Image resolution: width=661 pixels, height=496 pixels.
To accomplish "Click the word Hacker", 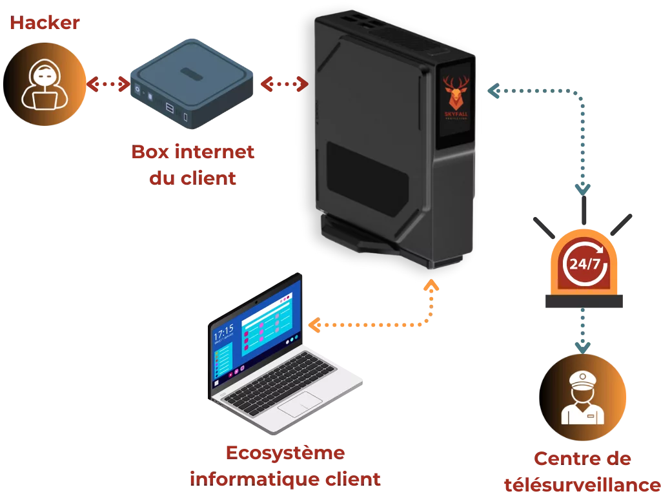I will [x=45, y=24].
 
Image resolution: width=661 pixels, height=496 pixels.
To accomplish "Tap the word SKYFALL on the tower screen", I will [x=456, y=114].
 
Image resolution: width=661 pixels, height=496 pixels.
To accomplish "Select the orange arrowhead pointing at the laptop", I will [x=313, y=325].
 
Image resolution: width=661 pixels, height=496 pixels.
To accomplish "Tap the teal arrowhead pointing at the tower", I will [x=492, y=92].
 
